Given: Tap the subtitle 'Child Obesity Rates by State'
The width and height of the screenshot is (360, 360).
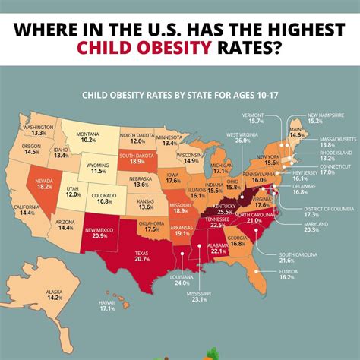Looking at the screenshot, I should point(180,96).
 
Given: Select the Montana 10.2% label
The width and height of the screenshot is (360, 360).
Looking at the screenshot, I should point(89,137).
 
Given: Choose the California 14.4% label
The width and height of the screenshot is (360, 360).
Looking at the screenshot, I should point(26,210).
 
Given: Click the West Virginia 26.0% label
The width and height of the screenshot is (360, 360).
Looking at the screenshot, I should point(243,137).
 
